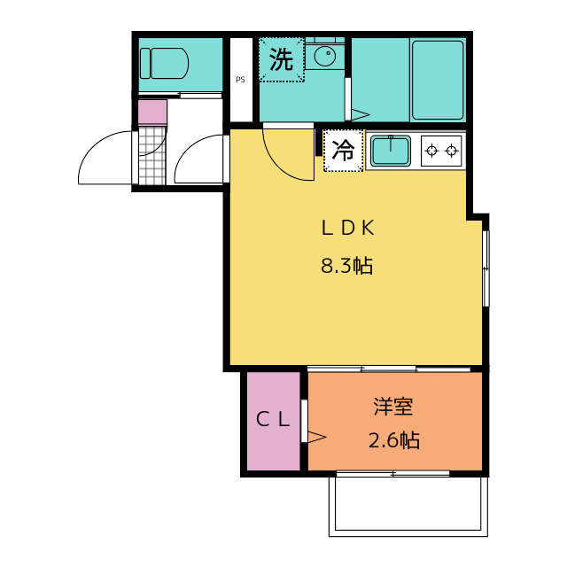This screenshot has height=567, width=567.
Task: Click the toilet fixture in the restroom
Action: click(164, 63)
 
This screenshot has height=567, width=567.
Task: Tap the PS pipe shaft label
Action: click(240, 80)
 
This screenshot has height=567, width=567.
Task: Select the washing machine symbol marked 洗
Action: click(281, 60)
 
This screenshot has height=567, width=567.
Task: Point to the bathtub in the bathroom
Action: click(437, 80)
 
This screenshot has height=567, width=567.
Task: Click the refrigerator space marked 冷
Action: click(343, 151)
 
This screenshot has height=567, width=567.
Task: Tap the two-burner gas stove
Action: click(441, 151)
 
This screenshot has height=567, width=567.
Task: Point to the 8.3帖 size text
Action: click(346, 266)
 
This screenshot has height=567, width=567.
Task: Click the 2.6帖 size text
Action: click(393, 439)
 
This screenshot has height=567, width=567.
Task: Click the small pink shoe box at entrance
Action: click(152, 113)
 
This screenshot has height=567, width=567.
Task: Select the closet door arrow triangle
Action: click(316, 436)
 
